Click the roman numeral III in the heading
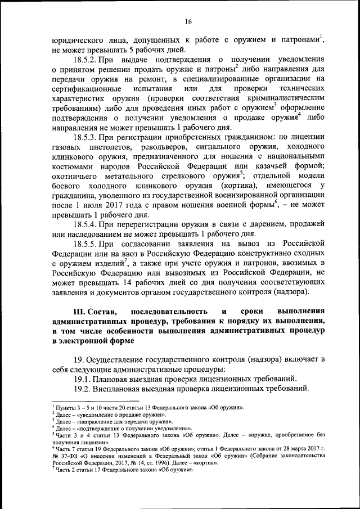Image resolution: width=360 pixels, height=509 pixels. click(x=81, y=312)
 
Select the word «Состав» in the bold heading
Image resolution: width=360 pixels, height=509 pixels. click(x=102, y=312)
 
